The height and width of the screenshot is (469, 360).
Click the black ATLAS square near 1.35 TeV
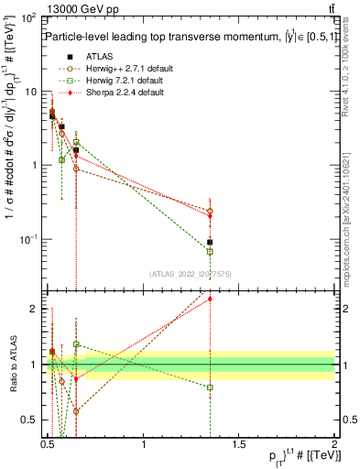coord(210,243)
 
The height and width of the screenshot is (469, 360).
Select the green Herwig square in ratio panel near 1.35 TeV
coord(210,387)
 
